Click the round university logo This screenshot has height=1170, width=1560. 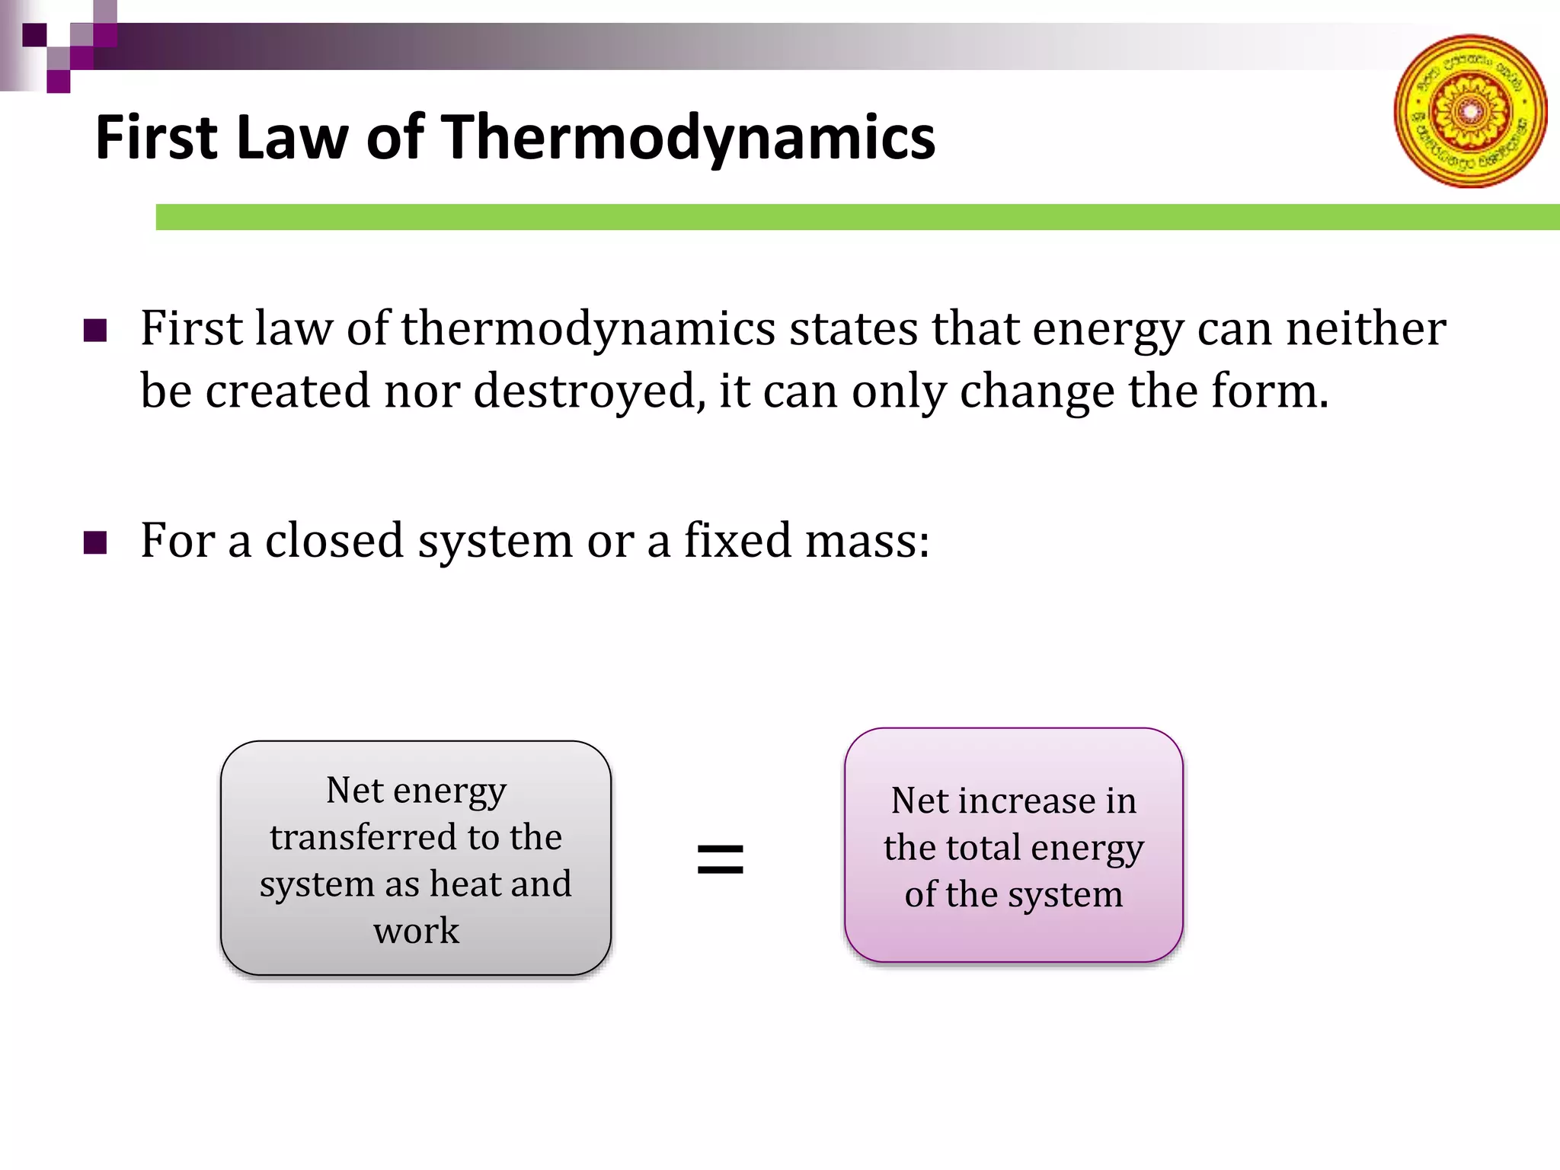1470,111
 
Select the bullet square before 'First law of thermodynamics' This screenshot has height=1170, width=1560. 95,331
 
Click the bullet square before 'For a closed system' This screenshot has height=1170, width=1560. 95,543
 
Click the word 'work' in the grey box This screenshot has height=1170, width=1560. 416,931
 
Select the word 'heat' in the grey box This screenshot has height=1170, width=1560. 466,884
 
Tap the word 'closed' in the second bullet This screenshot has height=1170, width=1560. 334,541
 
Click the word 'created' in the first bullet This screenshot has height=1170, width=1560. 288,392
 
